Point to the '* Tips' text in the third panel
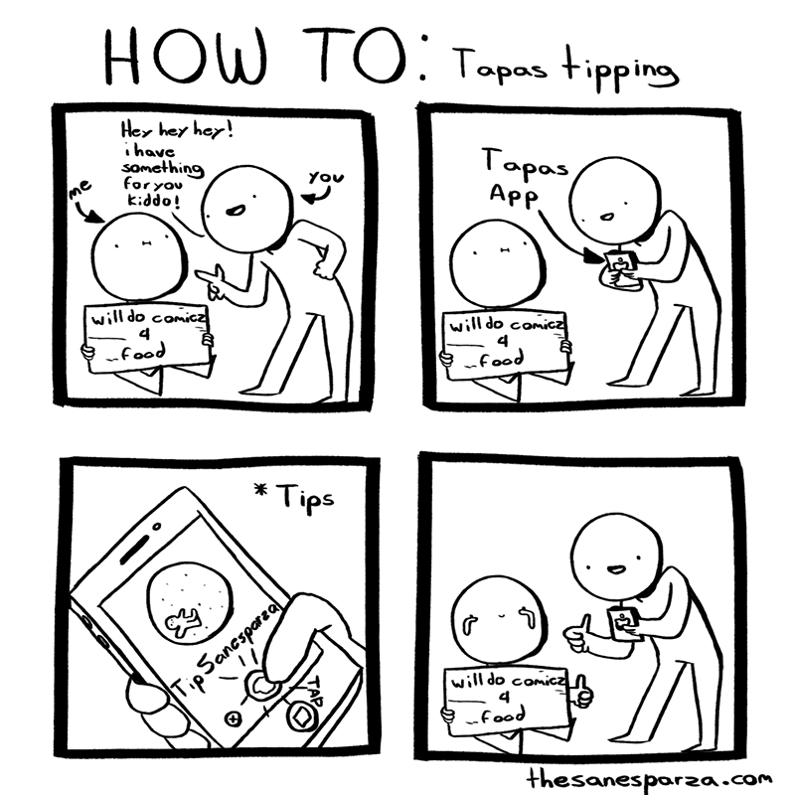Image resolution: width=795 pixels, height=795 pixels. [302, 494]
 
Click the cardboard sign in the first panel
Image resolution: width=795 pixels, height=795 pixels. [146, 338]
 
